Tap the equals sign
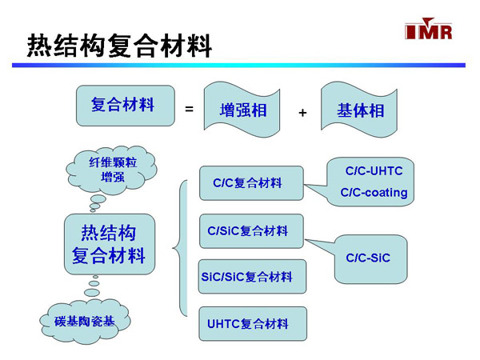189,108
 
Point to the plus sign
302,113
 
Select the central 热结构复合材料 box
109,244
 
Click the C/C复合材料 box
251,183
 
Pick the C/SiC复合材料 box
251,231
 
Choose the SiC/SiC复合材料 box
251,277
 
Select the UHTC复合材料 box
251,323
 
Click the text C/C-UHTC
374,171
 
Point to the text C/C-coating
374,192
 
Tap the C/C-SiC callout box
370,258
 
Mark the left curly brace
181,248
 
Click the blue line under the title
240,64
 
